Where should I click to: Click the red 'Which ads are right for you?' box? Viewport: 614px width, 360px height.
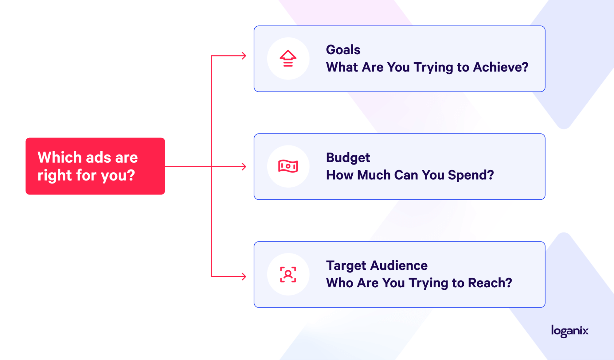point(95,166)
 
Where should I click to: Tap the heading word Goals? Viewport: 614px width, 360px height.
point(343,50)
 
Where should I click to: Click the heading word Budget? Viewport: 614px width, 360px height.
point(348,158)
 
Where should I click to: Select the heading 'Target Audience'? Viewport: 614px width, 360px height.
point(377,266)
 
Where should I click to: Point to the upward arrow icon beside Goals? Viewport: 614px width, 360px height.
point(288,58)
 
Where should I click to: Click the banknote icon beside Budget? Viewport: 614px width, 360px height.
point(288,166)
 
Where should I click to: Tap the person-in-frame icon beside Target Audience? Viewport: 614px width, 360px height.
point(288,274)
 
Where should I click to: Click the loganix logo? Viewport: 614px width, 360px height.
point(570,331)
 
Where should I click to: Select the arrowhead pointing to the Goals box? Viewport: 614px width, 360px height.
point(244,56)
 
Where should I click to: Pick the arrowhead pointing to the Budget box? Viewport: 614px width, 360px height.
point(244,167)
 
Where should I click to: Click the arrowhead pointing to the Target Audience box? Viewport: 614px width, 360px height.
point(244,277)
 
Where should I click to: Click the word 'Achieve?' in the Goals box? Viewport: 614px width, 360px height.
point(501,67)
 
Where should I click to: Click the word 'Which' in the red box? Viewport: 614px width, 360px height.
point(60,157)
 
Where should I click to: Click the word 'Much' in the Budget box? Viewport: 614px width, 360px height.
point(374,175)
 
